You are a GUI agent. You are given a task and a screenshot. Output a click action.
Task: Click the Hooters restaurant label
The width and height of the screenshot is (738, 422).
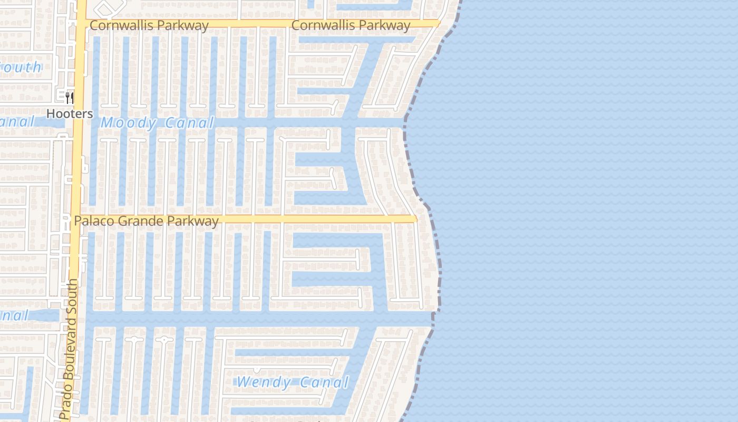click(70, 113)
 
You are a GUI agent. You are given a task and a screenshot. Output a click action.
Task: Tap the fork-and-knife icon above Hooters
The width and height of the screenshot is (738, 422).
click(70, 98)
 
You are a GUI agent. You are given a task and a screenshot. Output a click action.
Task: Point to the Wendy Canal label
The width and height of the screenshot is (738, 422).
click(293, 382)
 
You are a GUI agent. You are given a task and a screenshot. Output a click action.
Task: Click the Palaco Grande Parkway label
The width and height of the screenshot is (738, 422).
click(146, 221)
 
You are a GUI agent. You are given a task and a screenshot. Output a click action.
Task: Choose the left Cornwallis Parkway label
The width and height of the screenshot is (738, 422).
click(149, 25)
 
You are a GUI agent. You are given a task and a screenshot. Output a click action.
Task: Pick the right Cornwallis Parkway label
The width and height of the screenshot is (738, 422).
click(351, 25)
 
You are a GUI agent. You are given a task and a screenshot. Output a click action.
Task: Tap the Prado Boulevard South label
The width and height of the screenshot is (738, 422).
click(70, 349)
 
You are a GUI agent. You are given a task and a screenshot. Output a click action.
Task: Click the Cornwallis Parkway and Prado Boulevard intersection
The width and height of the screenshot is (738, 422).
click(81, 24)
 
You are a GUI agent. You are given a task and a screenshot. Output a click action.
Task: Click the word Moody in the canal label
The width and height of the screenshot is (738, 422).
click(129, 123)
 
